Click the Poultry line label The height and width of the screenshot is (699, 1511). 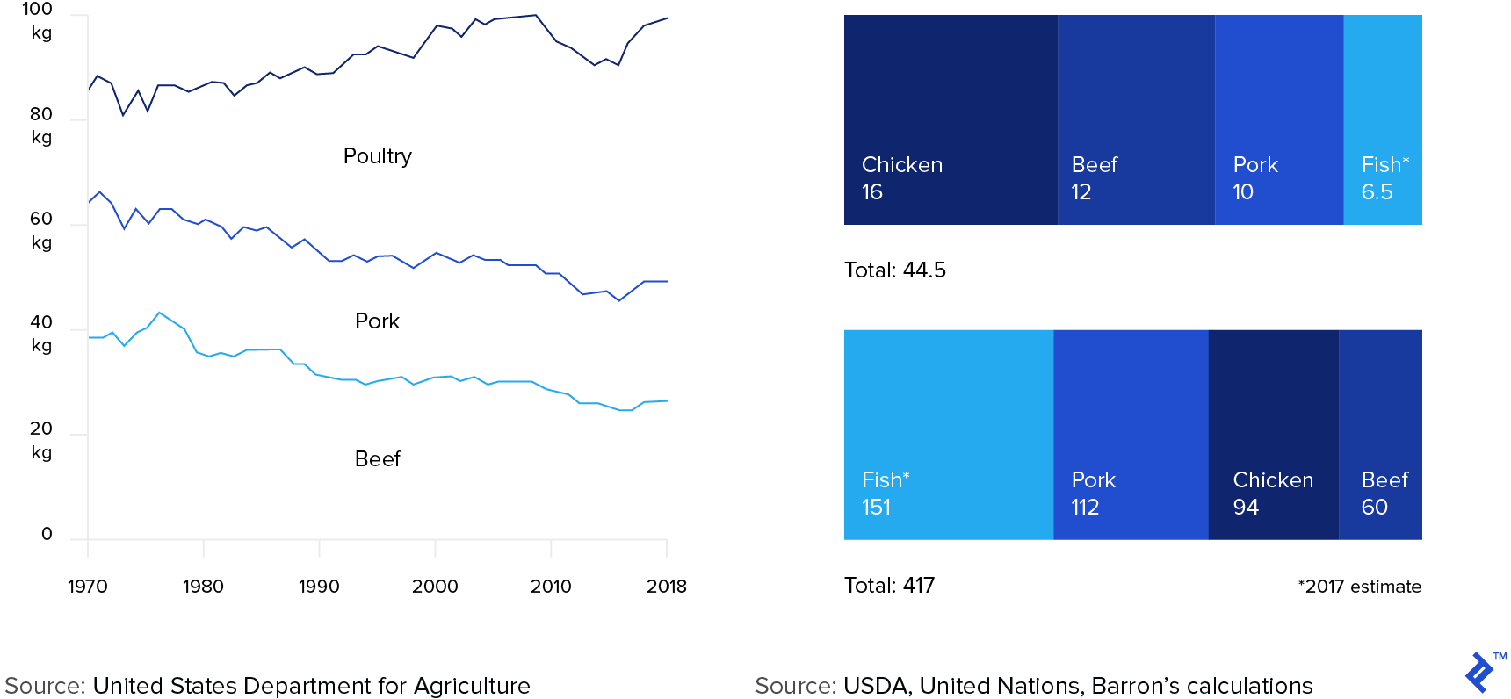(378, 156)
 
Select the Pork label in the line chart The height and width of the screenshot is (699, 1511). (378, 321)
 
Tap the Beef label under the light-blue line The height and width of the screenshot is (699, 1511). (378, 459)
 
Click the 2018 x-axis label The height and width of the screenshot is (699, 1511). (667, 586)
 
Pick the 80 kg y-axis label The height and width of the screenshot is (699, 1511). (41, 126)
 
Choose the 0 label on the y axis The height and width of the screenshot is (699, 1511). (47, 534)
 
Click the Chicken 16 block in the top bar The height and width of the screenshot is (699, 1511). (951, 119)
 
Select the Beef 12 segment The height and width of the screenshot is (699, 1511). (1136, 119)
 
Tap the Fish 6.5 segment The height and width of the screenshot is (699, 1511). (1383, 119)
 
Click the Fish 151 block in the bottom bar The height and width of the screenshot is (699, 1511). (949, 435)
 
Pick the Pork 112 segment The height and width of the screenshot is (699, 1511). (1131, 435)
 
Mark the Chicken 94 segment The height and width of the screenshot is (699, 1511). (1273, 435)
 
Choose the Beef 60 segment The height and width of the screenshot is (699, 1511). (1380, 435)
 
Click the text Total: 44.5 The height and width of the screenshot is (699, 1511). (895, 270)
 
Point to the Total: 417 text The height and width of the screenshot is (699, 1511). (889, 586)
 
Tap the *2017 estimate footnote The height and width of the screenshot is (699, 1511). (1359, 587)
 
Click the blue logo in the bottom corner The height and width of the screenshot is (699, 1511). (1480, 672)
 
